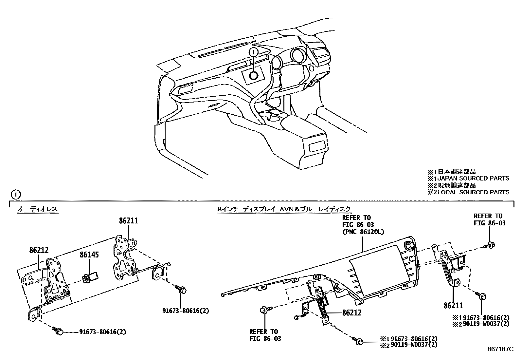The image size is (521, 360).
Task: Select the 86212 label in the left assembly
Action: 39,250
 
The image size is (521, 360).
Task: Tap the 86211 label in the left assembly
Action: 128,221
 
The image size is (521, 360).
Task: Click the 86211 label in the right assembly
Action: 453,305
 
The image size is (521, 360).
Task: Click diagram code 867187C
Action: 500,349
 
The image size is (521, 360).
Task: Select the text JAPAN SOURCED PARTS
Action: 473,179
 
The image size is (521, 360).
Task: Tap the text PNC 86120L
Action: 363,232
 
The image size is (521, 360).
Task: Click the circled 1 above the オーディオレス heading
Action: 16,195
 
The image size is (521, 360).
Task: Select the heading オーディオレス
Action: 38,209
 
